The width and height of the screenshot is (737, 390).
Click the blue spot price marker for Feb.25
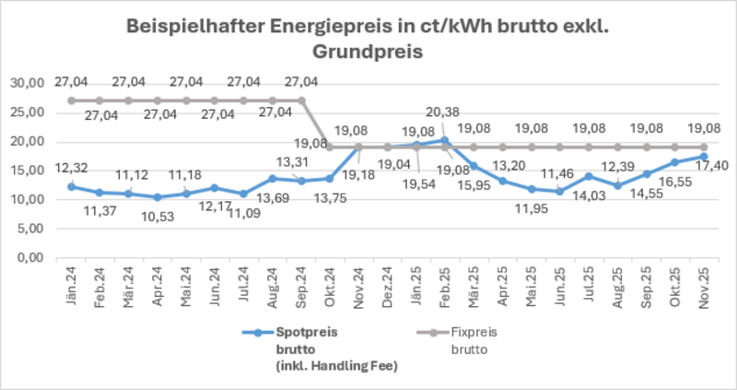click(446, 140)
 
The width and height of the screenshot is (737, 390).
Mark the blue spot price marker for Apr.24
click(158, 197)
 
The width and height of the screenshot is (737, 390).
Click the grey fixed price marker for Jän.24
click(71, 100)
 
